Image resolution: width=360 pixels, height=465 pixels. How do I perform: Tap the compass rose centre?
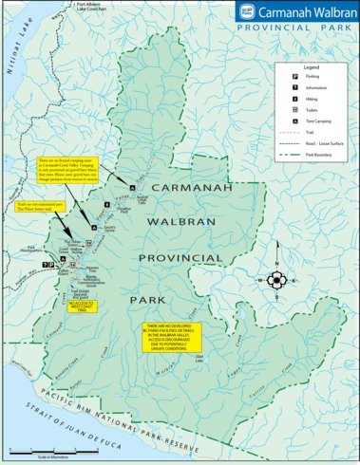(276, 280)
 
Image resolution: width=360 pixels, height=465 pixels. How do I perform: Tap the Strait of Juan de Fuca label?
(75, 418)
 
